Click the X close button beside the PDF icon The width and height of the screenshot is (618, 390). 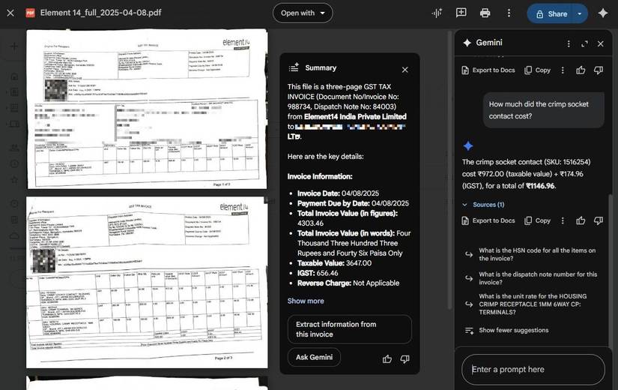tap(10, 13)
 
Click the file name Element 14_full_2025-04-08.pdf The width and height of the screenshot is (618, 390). tap(100, 13)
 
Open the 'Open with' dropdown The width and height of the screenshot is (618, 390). tap(303, 13)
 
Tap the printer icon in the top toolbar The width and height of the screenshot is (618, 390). tap(485, 13)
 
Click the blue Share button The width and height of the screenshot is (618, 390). tap(551, 13)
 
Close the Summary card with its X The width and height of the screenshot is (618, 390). tap(405, 70)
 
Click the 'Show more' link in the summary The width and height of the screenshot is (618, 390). tap(306, 301)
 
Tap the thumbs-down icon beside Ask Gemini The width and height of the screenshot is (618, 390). tap(405, 358)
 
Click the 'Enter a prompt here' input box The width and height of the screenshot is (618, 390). tap(533, 369)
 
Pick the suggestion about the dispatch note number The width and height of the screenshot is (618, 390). tap(537, 278)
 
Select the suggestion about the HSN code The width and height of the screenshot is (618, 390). tap(536, 255)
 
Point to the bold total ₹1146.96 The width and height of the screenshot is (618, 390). tap(539, 186)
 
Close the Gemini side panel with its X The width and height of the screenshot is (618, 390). tap(600, 43)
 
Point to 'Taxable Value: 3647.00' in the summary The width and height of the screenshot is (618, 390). tap(334, 262)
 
